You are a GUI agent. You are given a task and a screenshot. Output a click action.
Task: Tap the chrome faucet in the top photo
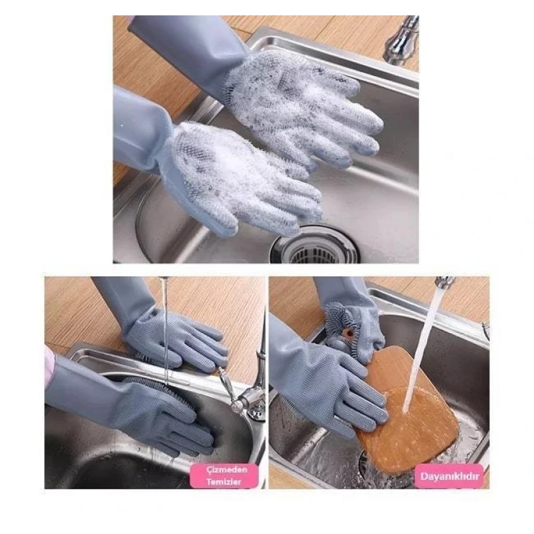pyautogui.click(x=402, y=40)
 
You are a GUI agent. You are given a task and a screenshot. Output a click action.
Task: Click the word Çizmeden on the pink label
pyautogui.click(x=226, y=469)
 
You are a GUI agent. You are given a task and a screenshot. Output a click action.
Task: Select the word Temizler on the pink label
pyautogui.click(x=224, y=482)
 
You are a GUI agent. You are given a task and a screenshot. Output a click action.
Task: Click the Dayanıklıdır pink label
pyautogui.click(x=449, y=476)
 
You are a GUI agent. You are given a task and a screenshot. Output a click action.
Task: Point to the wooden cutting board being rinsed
pyautogui.click(x=409, y=409)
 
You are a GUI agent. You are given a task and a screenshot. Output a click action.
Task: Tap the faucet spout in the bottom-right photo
pyautogui.click(x=444, y=282)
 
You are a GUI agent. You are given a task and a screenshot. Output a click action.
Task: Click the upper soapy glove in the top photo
pyautogui.click(x=300, y=102)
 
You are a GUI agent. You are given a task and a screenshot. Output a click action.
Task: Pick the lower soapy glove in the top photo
pyautogui.click(x=238, y=177)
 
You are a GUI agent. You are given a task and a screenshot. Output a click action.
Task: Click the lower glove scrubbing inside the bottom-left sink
pyautogui.click(x=164, y=415)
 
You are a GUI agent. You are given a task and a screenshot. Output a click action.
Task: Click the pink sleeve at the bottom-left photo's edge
pyautogui.click(x=49, y=368)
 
